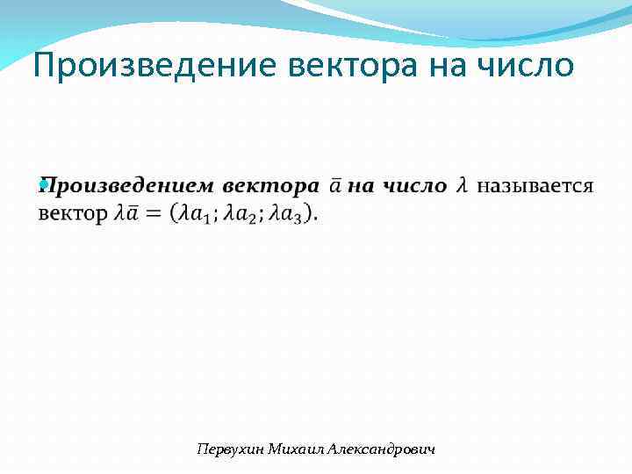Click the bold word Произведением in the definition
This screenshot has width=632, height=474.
coord(126,186)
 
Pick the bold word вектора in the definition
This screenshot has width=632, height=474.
coord(270,186)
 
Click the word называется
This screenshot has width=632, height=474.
coord(535,186)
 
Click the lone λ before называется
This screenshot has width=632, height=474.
coord(462,186)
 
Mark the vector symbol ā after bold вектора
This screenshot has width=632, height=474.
coord(336,186)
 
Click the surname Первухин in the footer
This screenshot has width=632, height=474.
coord(227,449)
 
